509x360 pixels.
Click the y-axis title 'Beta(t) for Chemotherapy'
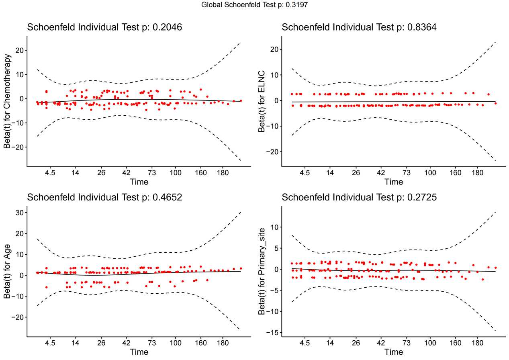coord(8,101)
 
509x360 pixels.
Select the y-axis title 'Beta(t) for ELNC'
coord(262,101)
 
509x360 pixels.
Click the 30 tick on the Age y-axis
coord(18,213)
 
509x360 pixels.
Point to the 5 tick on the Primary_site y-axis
coord(275,248)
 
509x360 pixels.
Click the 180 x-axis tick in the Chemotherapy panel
coord(223,173)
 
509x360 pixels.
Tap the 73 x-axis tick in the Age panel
coord(152,344)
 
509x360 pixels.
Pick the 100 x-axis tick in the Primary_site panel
coord(430,344)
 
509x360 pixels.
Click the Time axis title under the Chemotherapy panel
coord(139,182)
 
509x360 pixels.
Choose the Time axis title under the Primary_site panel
coord(393,352)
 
